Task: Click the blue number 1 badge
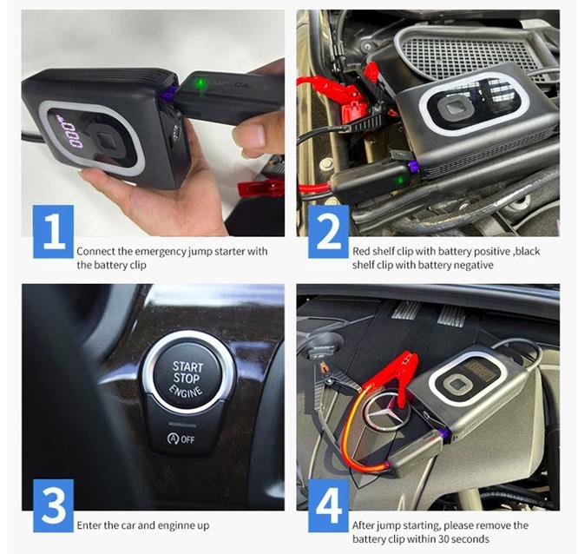click(x=54, y=232)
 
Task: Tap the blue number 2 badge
click(x=328, y=232)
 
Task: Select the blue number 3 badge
click(x=54, y=505)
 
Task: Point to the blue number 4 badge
click(x=328, y=505)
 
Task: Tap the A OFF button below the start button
click(x=181, y=439)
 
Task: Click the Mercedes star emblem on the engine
click(x=387, y=415)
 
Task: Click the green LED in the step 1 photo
click(x=200, y=83)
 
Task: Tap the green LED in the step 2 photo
click(x=398, y=181)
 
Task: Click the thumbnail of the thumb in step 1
click(x=255, y=135)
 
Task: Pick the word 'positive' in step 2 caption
click(x=492, y=252)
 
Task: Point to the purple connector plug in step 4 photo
click(x=444, y=434)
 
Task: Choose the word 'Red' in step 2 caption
click(x=361, y=251)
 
